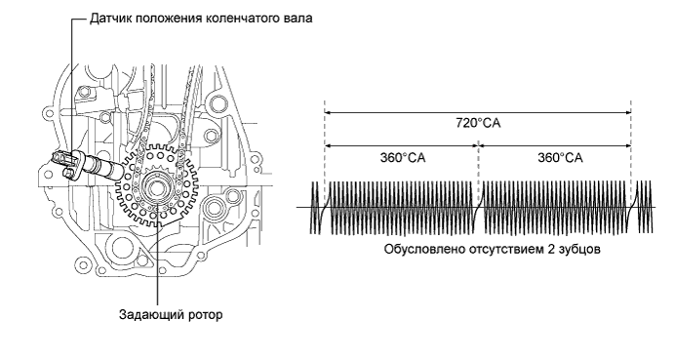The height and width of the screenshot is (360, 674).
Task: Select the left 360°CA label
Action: tap(401, 158)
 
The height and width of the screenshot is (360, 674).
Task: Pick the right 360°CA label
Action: tap(553, 158)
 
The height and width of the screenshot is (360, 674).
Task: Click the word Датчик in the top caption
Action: tap(112, 18)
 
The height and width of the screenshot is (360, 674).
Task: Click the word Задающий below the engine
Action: tap(146, 315)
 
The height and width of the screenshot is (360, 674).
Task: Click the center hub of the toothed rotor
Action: tap(157, 184)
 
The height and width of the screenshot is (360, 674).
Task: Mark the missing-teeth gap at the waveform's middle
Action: tap(478, 206)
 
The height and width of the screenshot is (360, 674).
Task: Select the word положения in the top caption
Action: tap(167, 18)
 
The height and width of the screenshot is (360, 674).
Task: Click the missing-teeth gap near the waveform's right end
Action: tap(631, 206)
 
